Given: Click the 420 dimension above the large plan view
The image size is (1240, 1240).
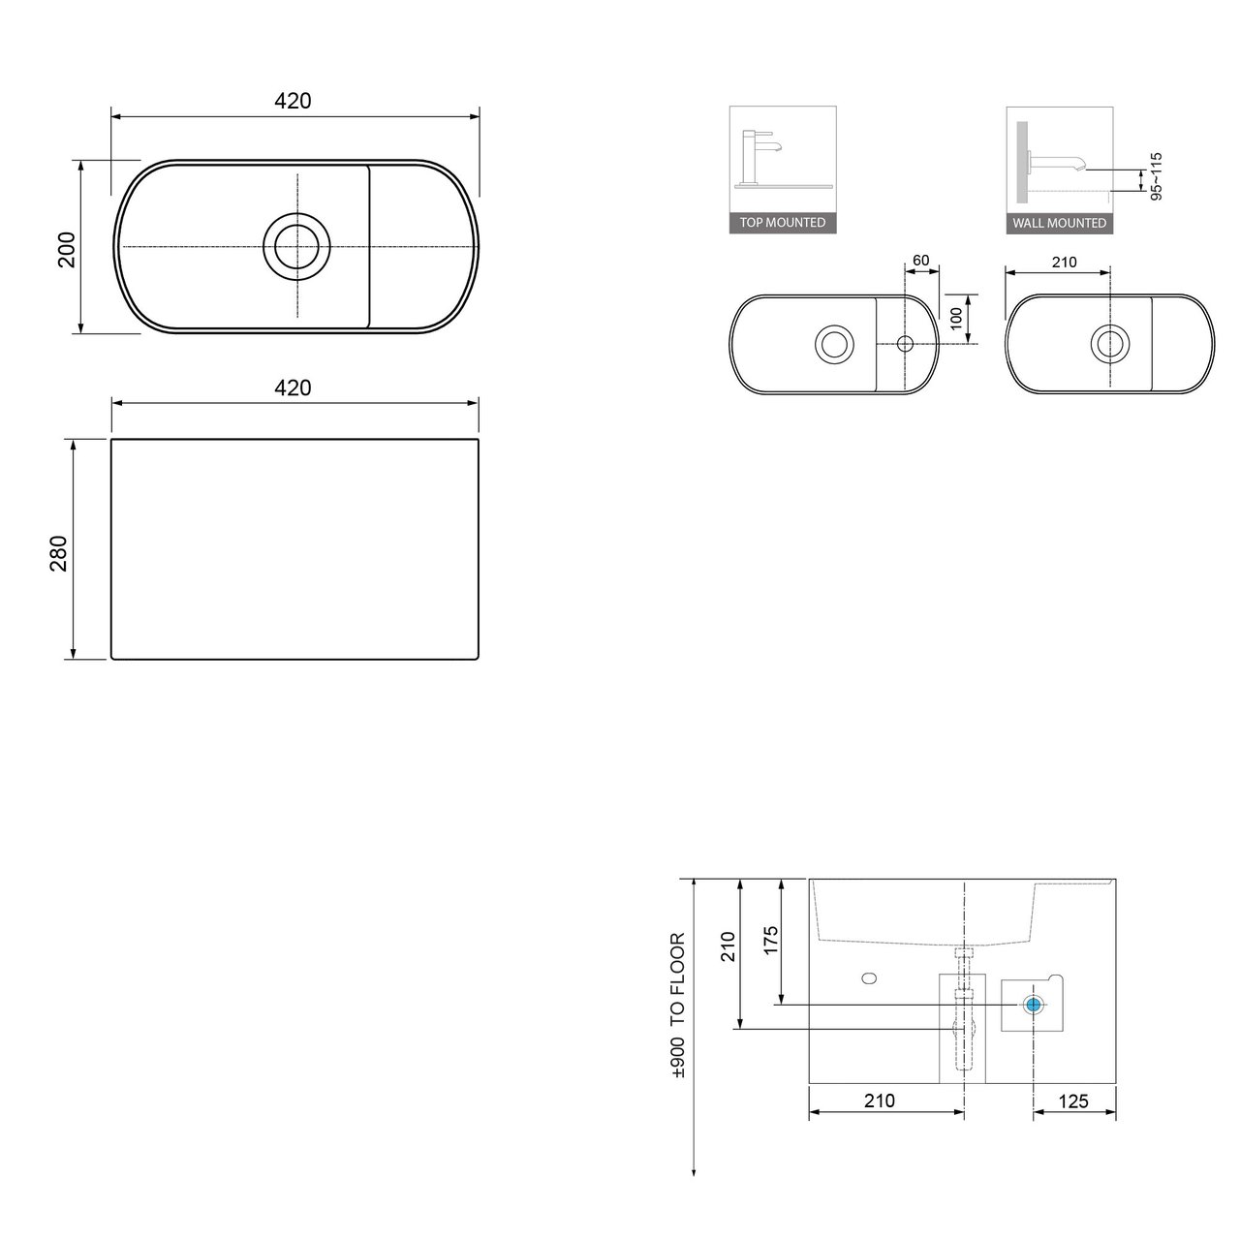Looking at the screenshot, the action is (x=293, y=101).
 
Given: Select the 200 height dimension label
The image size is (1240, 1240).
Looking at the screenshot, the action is (x=66, y=250).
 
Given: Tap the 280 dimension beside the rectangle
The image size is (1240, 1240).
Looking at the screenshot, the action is (x=58, y=554).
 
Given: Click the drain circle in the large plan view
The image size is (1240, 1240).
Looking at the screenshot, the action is (x=296, y=246).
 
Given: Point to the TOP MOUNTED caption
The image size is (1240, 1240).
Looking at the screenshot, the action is (x=783, y=223).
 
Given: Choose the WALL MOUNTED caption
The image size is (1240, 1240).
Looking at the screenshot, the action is (x=1059, y=223).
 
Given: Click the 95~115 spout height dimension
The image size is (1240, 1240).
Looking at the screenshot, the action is (x=1156, y=176).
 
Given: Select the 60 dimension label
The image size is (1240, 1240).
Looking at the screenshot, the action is (x=921, y=260).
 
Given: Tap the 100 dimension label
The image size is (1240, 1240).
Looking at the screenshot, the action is (x=955, y=319).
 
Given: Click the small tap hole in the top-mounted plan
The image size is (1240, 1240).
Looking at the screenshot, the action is (x=905, y=344).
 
